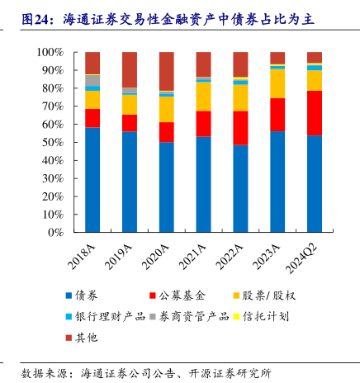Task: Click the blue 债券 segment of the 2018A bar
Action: click(x=92, y=180)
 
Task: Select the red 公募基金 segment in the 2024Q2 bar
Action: click(x=315, y=113)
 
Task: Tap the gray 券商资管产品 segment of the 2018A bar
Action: click(x=92, y=81)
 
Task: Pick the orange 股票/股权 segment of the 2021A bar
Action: click(x=204, y=97)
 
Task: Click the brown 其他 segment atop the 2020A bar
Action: click(x=167, y=71)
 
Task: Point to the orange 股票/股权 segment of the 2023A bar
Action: click(x=277, y=83)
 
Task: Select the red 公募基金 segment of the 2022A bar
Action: click(x=240, y=128)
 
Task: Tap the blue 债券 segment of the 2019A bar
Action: click(x=130, y=182)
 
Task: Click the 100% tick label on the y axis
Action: click(x=50, y=52)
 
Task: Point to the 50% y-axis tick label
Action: click(x=53, y=142)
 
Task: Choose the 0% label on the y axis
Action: click(x=55, y=233)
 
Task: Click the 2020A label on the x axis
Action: click(x=155, y=257)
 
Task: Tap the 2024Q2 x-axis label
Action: click(x=301, y=258)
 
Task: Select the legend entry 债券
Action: click(x=82, y=296)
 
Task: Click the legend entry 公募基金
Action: click(x=178, y=296)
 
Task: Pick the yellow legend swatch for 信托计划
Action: click(x=237, y=316)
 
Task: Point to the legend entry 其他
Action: click(x=82, y=338)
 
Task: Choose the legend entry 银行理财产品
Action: click(x=106, y=316)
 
